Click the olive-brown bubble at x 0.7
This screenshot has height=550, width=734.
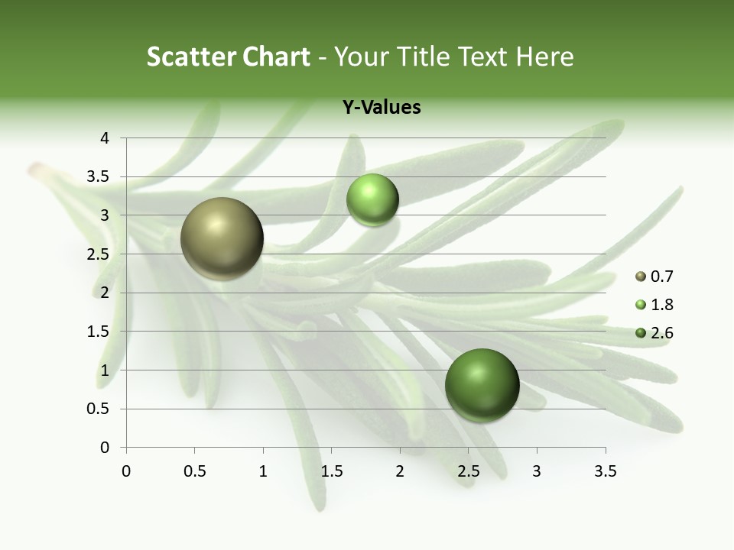(x=222, y=238)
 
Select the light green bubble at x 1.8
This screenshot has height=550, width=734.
(x=372, y=200)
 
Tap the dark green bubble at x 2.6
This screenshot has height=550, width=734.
(x=482, y=385)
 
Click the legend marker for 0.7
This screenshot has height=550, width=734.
(x=641, y=277)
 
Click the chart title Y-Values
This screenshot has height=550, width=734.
(x=382, y=108)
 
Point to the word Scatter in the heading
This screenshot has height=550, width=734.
(x=191, y=57)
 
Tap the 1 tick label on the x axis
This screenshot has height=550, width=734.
(x=263, y=471)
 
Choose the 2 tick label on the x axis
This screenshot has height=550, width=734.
(x=400, y=471)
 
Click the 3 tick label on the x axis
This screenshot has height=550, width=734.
(x=537, y=471)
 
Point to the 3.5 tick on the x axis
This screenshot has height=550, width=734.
(x=605, y=471)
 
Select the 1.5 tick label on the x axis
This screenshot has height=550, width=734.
(x=331, y=471)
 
